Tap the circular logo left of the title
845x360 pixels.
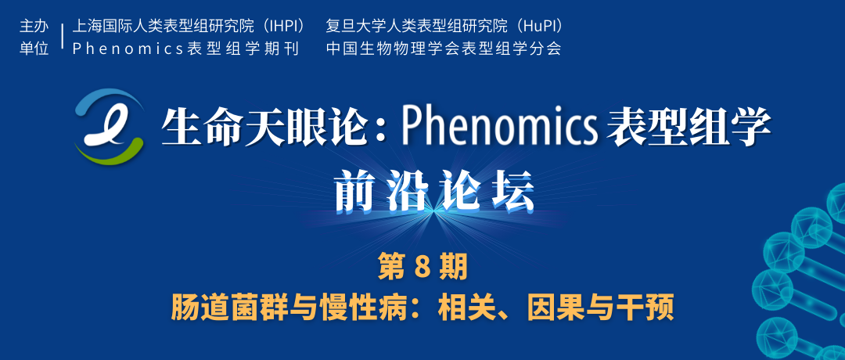tap(110, 125)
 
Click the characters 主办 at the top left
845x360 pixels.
tap(34, 26)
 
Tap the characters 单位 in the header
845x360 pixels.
tap(34, 49)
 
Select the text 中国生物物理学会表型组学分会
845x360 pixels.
tap(444, 49)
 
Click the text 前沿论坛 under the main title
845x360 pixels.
tap(434, 191)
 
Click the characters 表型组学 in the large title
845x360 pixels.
tap(689, 128)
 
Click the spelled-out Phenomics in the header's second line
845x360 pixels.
tap(129, 49)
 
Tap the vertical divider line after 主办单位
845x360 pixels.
tap(63, 37)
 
